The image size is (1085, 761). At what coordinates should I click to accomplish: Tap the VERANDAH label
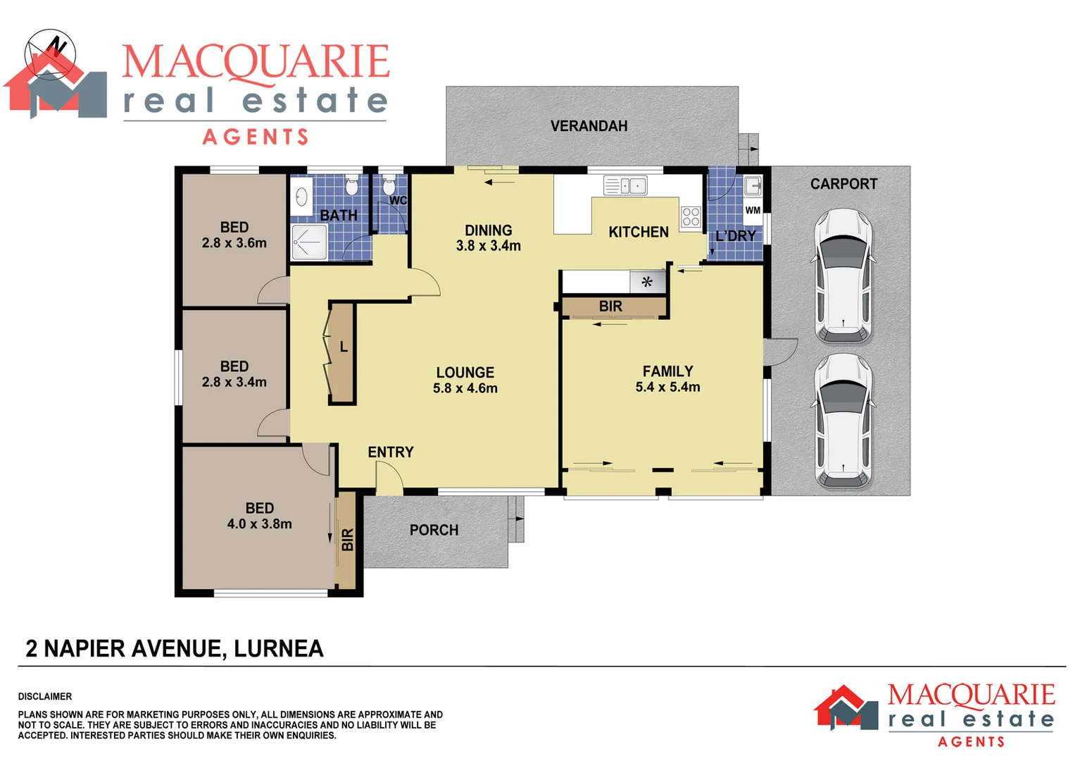pos(589,126)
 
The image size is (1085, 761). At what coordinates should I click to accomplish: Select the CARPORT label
pos(843,184)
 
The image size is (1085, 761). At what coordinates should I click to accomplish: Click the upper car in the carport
pos(843,276)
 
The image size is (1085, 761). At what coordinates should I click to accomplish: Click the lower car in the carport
pos(843,421)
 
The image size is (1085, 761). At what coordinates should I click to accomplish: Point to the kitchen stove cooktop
pos(691,217)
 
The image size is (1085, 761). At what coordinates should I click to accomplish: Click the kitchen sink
pos(625,186)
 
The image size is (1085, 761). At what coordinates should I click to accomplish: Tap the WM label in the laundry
pos(753,210)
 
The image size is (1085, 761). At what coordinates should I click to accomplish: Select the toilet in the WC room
pos(389,186)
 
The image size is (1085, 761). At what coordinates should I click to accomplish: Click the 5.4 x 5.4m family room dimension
pos(667,387)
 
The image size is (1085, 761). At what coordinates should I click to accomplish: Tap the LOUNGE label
pos(465,373)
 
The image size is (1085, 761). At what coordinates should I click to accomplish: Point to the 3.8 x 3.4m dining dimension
pos(488,246)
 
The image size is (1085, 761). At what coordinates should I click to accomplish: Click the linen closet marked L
pos(343,352)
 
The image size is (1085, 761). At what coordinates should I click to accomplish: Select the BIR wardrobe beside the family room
pos(610,307)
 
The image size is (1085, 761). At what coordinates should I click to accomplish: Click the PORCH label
pos(434,530)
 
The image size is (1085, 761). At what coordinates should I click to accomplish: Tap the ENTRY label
pos(390,452)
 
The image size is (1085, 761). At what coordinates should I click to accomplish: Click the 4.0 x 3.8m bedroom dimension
pos(259,524)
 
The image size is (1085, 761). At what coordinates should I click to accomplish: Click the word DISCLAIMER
pos(45,696)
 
